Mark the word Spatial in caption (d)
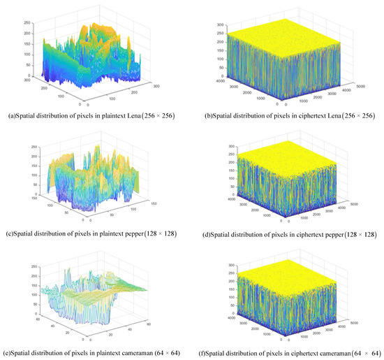[222, 227]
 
